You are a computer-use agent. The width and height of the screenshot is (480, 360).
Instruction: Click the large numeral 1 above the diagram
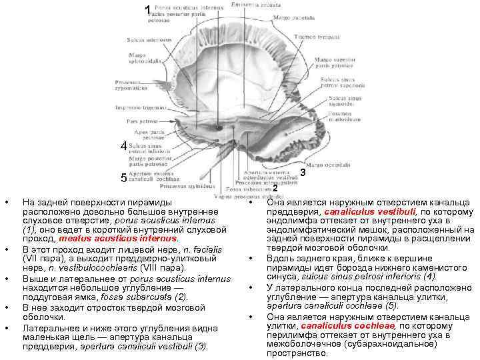147,9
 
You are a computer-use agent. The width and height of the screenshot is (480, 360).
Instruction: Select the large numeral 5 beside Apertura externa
123,178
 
